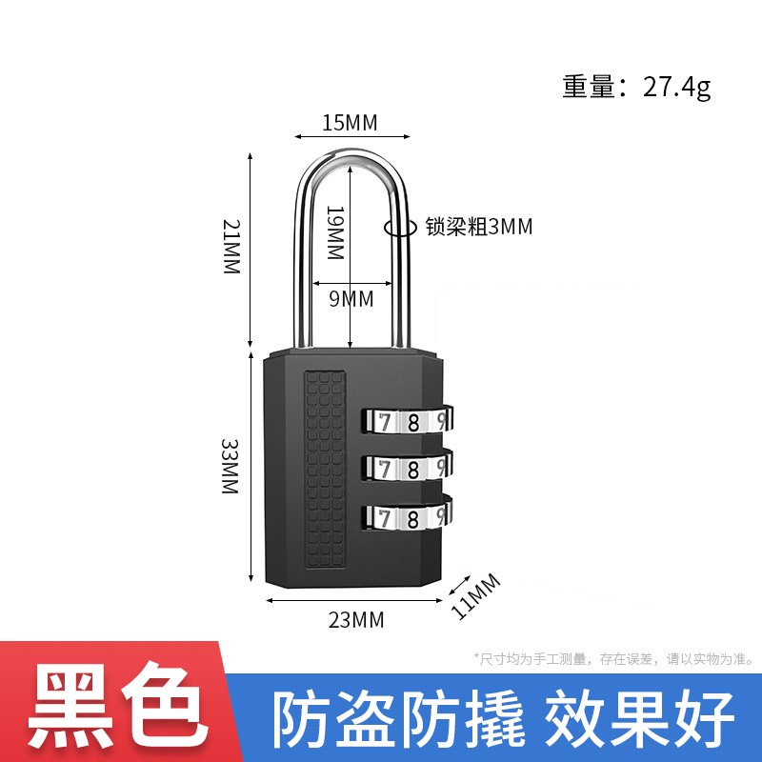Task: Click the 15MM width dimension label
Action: (350, 123)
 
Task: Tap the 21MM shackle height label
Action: (231, 247)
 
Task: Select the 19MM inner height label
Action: (335, 232)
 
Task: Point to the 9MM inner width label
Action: (351, 298)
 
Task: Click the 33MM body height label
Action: (230, 467)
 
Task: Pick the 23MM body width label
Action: (356, 620)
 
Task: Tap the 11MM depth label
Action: (475, 597)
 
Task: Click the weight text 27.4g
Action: (677, 88)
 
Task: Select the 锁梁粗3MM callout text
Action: (479, 227)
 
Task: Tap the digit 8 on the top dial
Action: (413, 422)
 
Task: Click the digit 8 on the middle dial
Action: (413, 470)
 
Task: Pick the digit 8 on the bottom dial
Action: (413, 518)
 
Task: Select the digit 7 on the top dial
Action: (385, 422)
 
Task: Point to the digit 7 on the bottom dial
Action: (385, 518)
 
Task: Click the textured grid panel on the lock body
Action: (325, 470)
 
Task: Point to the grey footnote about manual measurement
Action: (614, 659)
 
